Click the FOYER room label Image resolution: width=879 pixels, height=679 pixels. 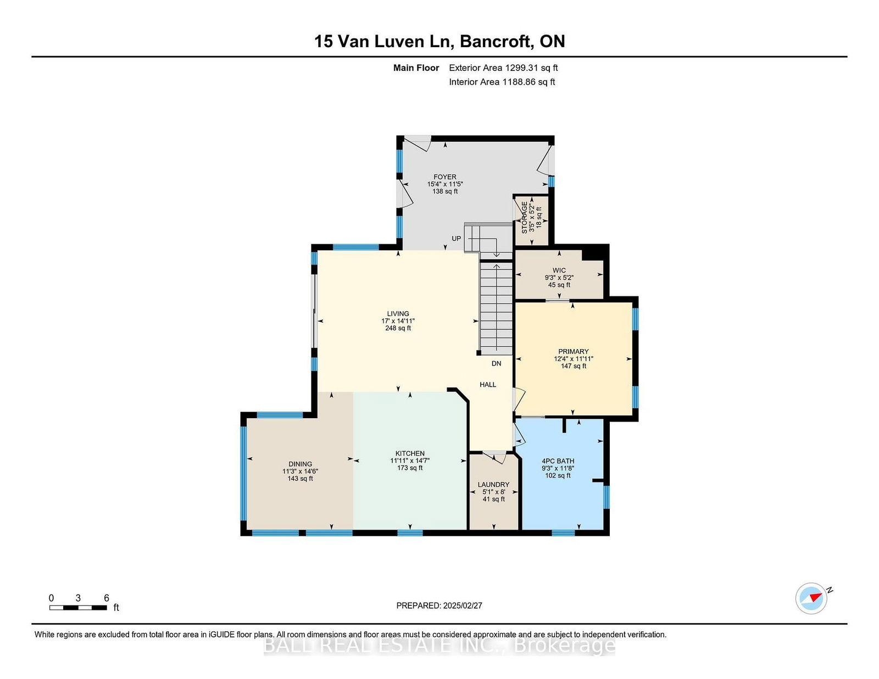click(445, 177)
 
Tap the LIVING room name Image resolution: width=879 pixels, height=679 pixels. click(398, 313)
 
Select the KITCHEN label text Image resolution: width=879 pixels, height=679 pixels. click(410, 453)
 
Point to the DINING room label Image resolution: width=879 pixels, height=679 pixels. click(300, 464)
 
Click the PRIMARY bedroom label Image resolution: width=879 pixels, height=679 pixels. click(573, 352)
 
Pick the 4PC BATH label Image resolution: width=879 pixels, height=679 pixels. click(558, 461)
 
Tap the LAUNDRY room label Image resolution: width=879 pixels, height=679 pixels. click(493, 485)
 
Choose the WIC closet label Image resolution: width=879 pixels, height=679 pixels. click(559, 271)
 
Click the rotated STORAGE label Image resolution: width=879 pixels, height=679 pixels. click(525, 218)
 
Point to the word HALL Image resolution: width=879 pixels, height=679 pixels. click(488, 385)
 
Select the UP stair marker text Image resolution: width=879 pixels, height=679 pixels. click(457, 238)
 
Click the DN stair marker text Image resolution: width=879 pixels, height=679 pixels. click(496, 363)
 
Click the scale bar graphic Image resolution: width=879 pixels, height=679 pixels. click(78, 608)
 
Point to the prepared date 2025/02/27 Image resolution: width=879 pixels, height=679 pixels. click(463, 605)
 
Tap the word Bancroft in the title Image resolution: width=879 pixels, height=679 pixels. click(495, 41)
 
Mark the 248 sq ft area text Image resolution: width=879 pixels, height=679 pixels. click(398, 328)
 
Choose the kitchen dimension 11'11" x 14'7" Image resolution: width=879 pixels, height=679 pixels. click(410, 461)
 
